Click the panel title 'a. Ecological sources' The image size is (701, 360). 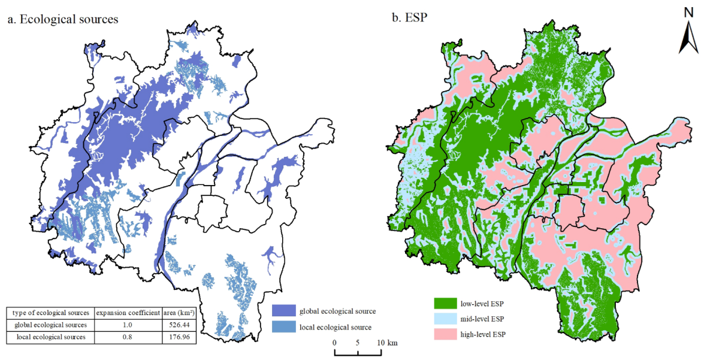tap(63, 19)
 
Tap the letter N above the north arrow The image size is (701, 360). tap(687, 13)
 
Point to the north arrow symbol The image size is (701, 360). tap(687, 39)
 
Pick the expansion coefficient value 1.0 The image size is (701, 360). tap(128, 325)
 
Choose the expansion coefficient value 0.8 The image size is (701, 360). tap(128, 337)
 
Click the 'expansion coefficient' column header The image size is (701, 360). tap(128, 313)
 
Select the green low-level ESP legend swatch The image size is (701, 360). tap(445, 303)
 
